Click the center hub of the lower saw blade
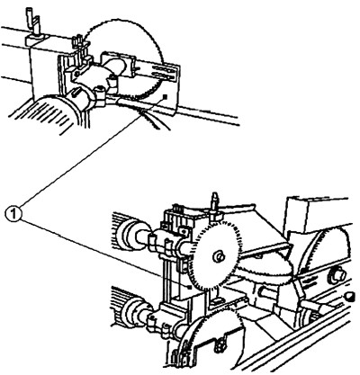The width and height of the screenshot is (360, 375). [x=219, y=256]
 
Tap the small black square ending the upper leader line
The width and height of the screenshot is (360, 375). [x=165, y=96]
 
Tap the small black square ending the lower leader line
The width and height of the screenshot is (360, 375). [x=190, y=287]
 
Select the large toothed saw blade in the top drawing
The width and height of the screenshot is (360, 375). [x=123, y=58]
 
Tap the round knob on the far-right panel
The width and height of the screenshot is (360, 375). [x=337, y=276]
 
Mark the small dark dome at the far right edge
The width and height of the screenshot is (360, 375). [x=349, y=297]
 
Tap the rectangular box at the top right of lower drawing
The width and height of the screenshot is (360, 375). [x=318, y=213]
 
